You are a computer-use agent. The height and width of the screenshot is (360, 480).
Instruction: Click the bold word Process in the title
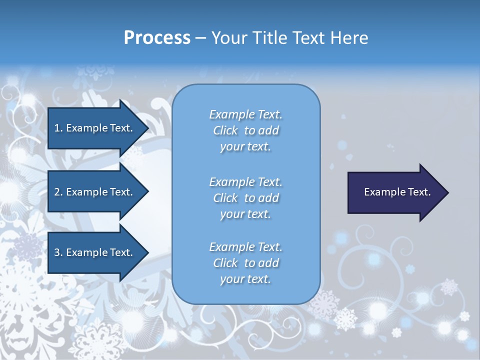pyautogui.click(x=157, y=38)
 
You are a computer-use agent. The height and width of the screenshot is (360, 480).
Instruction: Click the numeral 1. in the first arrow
pyautogui.click(x=58, y=128)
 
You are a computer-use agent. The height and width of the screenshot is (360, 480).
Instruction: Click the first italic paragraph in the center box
pyautogui.click(x=245, y=130)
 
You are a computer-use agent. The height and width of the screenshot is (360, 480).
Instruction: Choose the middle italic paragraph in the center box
pyautogui.click(x=245, y=198)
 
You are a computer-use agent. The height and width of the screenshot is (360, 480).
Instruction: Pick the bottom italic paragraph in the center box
pyautogui.click(x=245, y=263)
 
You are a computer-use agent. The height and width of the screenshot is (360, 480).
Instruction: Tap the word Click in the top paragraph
pyautogui.click(x=225, y=130)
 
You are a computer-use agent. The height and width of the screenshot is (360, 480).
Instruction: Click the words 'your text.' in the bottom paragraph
pyautogui.click(x=245, y=279)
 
